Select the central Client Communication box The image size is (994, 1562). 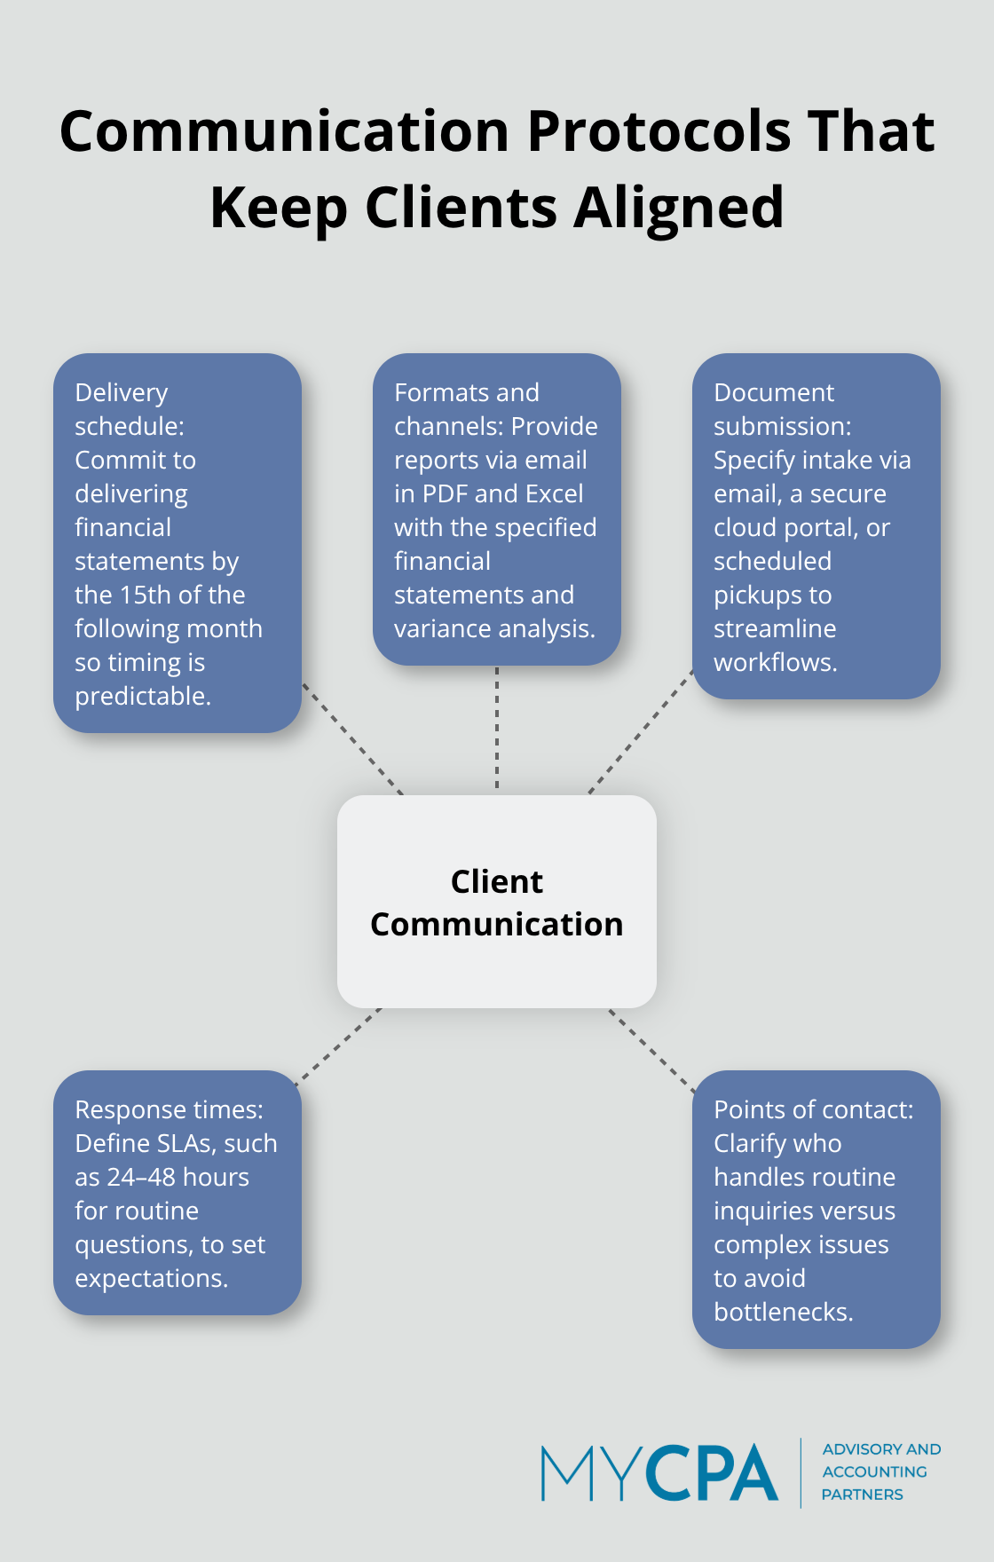[496, 902]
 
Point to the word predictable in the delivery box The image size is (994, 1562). [142, 697]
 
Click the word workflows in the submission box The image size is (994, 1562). [775, 663]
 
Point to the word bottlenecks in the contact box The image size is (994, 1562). [783, 1313]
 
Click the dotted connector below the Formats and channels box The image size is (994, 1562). [497, 728]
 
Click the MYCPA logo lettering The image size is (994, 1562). [659, 1473]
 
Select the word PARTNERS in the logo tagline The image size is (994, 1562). [862, 1495]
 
